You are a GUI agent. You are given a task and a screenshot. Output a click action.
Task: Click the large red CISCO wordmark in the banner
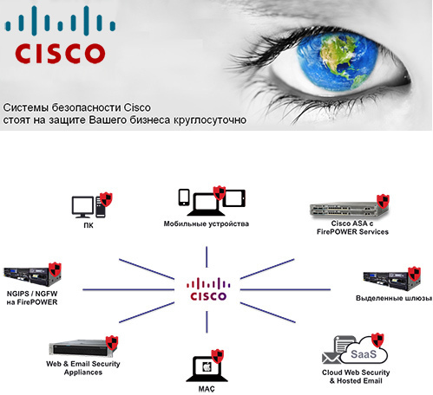click(x=60, y=54)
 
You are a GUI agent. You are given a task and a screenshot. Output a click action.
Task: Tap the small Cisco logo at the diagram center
click(x=208, y=289)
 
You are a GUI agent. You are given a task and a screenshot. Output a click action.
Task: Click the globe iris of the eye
click(x=338, y=62)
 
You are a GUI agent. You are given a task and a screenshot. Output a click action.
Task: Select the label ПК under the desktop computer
click(x=89, y=225)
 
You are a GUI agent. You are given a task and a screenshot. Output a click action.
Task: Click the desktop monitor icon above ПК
click(x=82, y=207)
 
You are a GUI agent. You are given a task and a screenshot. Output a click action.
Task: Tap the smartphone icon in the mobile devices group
click(x=184, y=197)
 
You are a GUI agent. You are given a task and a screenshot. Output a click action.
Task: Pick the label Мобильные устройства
click(x=207, y=223)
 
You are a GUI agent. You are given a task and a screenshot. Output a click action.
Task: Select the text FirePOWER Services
click(x=352, y=232)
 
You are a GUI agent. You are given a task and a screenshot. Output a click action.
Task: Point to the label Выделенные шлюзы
click(x=394, y=298)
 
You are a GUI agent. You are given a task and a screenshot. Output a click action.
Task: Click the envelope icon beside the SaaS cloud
click(x=331, y=358)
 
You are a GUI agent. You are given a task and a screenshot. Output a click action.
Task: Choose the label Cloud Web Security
click(x=356, y=372)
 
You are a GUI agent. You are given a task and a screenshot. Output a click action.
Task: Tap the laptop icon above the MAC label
click(x=207, y=369)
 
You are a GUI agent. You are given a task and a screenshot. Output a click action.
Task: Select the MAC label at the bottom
click(x=207, y=389)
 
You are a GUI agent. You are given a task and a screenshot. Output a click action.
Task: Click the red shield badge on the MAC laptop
click(x=218, y=356)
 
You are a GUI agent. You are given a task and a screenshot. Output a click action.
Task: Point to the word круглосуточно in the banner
click(x=210, y=120)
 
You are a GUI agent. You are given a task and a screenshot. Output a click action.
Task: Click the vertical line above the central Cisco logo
click(x=207, y=256)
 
